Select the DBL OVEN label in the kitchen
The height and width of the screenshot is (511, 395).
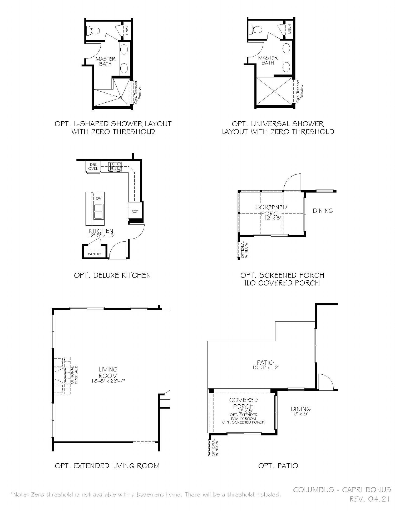pos(93,167)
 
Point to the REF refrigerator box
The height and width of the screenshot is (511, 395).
pos(135,211)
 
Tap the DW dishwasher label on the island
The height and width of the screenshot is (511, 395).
pos(98,199)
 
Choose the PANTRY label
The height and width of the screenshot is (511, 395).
pos(95,254)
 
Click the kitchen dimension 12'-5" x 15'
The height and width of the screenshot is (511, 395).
pos(101,235)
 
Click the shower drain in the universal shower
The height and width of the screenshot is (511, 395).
pos(274,91)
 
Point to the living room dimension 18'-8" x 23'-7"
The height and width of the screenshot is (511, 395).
pos(108,380)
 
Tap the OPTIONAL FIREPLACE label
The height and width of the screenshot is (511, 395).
pos(75,375)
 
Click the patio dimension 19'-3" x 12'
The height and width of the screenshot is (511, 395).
pos(265,367)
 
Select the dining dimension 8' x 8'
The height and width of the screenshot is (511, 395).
pos(301,414)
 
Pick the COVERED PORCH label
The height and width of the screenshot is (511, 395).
pos(244,403)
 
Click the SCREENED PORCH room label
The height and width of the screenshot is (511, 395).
pos(271,210)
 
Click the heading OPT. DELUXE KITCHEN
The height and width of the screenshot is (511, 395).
pos(112,275)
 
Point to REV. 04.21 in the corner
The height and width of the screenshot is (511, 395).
pos(370,499)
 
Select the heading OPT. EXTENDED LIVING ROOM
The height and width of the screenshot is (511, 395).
pos(107,466)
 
